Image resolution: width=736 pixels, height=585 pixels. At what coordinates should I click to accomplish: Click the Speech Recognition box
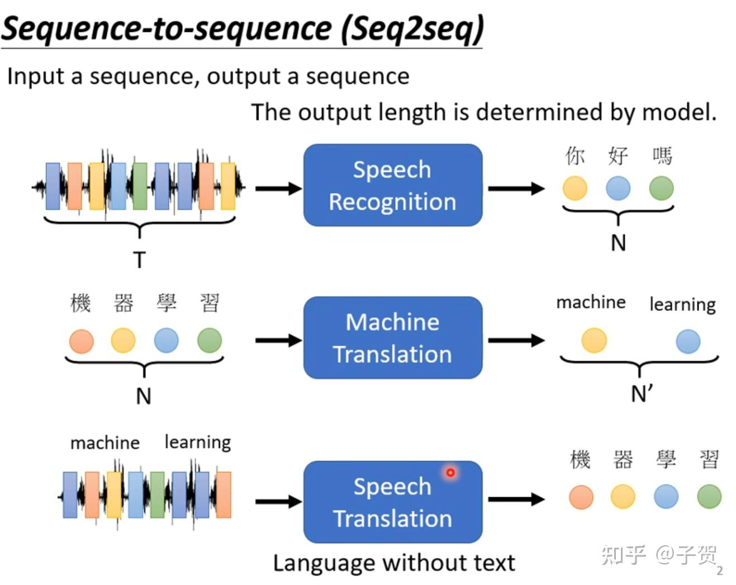393,185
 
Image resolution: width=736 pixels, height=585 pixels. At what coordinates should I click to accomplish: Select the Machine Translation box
393,338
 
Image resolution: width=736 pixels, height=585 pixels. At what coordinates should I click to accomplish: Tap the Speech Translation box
393,502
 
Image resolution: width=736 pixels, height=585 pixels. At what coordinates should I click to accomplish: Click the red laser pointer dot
450,473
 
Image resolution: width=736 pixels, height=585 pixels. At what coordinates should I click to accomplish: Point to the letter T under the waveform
140,260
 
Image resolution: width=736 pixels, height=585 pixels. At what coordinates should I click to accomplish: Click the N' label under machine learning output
642,394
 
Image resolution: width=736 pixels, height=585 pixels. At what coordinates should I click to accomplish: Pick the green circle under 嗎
662,188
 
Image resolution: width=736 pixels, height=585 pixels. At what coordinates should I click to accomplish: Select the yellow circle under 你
575,188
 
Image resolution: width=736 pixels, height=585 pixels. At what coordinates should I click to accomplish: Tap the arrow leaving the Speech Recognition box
516,188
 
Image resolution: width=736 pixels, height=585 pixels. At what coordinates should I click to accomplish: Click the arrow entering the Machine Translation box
279,340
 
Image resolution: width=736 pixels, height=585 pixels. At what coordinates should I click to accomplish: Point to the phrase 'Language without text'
394,563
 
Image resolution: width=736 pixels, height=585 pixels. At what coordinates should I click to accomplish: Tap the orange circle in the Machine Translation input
82,341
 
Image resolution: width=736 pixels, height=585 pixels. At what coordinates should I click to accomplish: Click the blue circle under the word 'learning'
688,341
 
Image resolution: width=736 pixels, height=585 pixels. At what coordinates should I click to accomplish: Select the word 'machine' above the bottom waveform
105,443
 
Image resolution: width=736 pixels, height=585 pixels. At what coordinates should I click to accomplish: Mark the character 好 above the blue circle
618,156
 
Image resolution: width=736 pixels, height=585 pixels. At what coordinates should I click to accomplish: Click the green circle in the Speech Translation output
709,496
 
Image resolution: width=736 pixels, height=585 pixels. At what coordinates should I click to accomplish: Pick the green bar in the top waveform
140,186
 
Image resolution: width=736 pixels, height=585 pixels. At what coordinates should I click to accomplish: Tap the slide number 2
720,570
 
